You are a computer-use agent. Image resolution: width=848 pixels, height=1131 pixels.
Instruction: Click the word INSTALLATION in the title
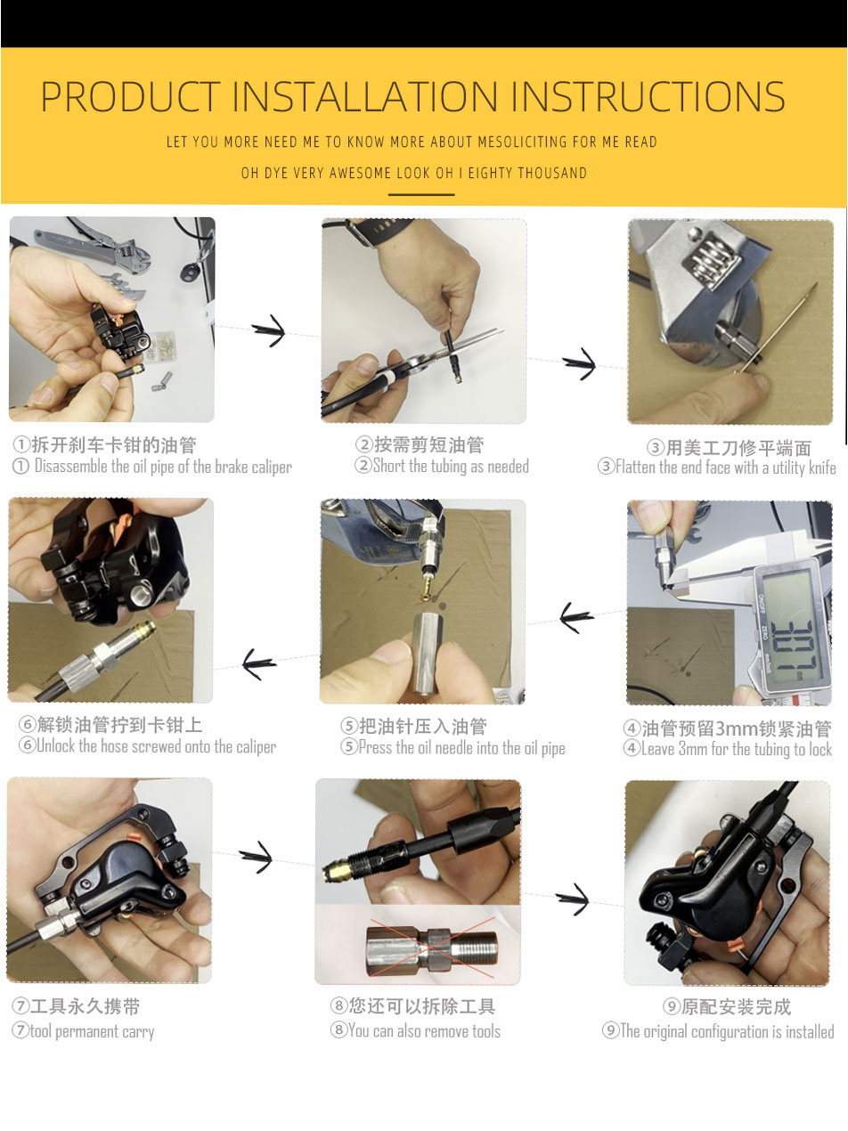coord(364,96)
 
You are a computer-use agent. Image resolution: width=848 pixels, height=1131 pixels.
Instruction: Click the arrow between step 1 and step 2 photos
coord(269,330)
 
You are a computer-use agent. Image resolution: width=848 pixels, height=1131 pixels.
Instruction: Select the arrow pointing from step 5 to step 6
coord(259,663)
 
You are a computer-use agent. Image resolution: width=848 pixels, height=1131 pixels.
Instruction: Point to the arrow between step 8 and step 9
coord(573,899)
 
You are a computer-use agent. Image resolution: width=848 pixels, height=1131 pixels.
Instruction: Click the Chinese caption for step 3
coord(729,448)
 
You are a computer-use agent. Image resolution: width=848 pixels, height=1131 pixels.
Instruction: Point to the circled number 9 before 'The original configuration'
coord(610,1030)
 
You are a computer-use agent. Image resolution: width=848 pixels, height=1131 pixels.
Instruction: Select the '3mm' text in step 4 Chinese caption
coord(733,728)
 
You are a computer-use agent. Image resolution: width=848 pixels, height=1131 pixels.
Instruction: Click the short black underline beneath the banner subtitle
coord(421,195)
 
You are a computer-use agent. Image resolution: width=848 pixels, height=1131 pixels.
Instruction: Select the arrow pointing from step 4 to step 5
coord(576,616)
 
